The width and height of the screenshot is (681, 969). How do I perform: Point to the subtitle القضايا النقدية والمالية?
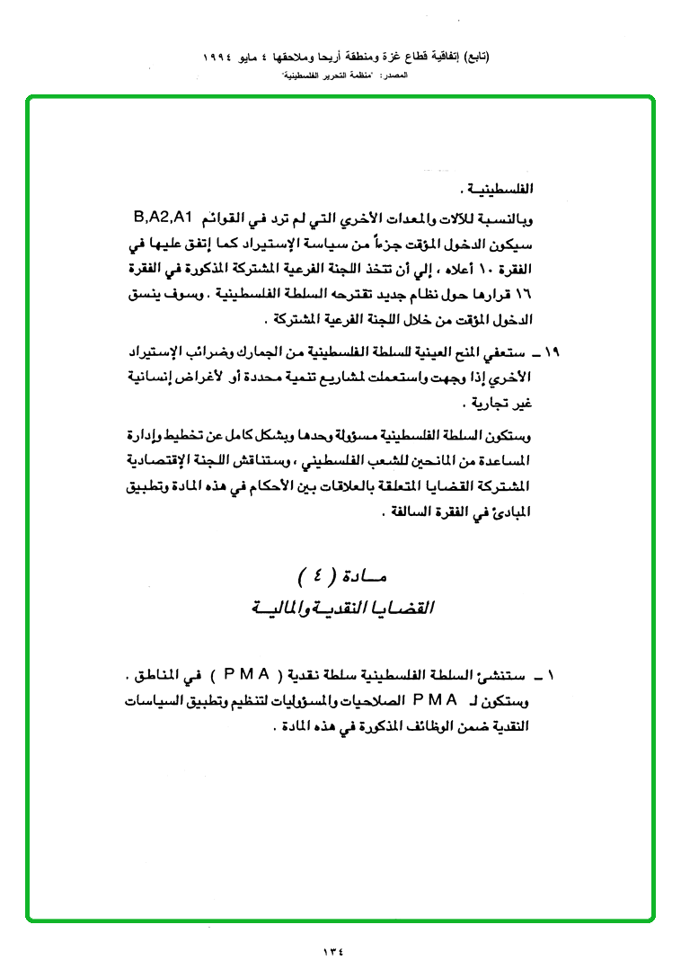click(342, 609)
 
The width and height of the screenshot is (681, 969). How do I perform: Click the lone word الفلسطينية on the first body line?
click(506, 191)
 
